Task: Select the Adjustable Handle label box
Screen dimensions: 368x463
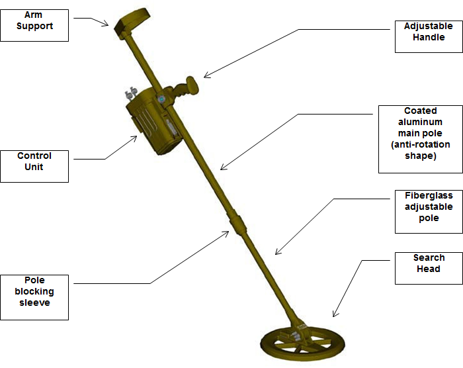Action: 429,32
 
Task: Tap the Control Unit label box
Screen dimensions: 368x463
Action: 34,161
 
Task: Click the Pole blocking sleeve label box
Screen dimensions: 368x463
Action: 34,291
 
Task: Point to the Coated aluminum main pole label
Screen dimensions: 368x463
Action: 420,134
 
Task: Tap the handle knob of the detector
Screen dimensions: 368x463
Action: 192,85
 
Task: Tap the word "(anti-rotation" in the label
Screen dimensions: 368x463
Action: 421,145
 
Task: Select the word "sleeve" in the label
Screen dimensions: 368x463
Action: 34,303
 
